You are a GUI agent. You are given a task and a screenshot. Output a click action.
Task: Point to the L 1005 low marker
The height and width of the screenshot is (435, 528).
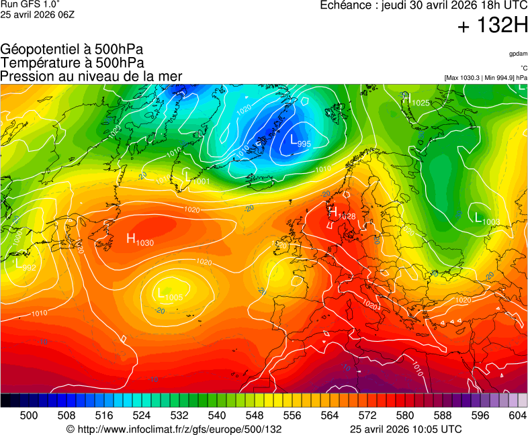[x=170, y=294]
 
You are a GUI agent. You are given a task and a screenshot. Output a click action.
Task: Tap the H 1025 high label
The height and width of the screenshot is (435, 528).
[x=415, y=101]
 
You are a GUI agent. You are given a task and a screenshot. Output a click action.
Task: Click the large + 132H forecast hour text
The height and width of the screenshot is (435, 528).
[x=492, y=26]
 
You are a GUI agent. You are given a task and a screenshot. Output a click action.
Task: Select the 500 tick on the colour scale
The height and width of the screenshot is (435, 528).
[x=29, y=416]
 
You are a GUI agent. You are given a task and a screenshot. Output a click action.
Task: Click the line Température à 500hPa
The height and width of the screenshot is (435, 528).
[x=72, y=62]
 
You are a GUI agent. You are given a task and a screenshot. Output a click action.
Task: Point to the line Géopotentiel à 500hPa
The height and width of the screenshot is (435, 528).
[x=72, y=49]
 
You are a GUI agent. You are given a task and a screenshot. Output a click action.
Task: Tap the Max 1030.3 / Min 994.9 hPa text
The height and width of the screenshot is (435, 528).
[x=486, y=78]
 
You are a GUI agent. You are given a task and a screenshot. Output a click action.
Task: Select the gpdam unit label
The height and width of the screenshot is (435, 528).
[x=518, y=54]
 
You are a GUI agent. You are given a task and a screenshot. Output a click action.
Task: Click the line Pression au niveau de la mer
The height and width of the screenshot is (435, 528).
[x=91, y=76]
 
